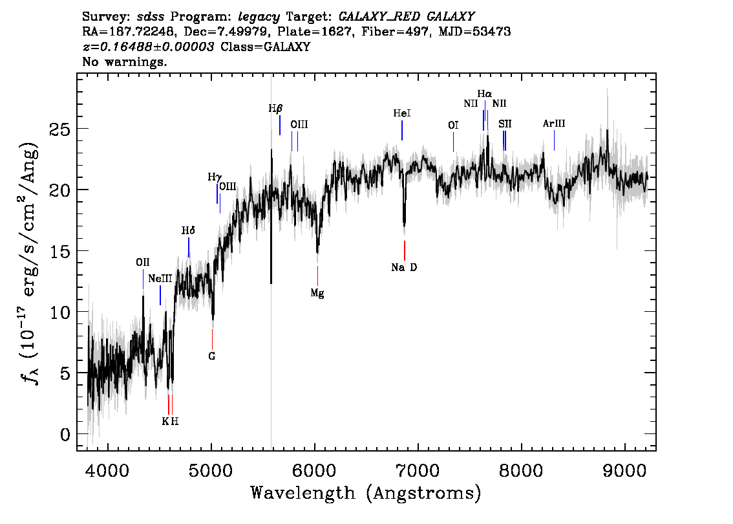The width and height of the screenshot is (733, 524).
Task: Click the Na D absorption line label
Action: point(404,268)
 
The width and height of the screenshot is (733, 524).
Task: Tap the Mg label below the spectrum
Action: point(317,293)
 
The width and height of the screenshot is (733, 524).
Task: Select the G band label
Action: point(212,356)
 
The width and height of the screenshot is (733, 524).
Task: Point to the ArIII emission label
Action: point(554,124)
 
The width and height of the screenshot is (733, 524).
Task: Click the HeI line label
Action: point(402,113)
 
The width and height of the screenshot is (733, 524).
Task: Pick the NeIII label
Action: point(160,279)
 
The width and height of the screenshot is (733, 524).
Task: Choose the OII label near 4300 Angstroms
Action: point(143,263)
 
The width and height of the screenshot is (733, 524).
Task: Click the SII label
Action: point(505,124)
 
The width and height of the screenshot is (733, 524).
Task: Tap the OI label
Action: point(453,126)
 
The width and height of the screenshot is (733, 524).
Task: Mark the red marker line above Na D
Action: point(405,250)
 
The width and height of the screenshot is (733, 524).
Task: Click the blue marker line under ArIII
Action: point(555,140)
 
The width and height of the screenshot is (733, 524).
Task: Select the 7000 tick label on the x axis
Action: point(417,471)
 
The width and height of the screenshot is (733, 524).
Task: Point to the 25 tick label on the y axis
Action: point(60,129)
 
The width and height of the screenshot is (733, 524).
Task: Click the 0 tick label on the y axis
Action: point(65,435)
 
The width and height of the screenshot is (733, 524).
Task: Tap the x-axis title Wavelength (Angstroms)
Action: point(366,493)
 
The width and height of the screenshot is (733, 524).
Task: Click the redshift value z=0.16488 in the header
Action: point(149,47)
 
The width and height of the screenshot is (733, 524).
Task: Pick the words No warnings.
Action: point(124,61)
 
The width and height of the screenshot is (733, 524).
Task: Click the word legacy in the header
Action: point(259,17)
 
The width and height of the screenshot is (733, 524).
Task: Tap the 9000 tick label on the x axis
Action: point(624,471)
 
